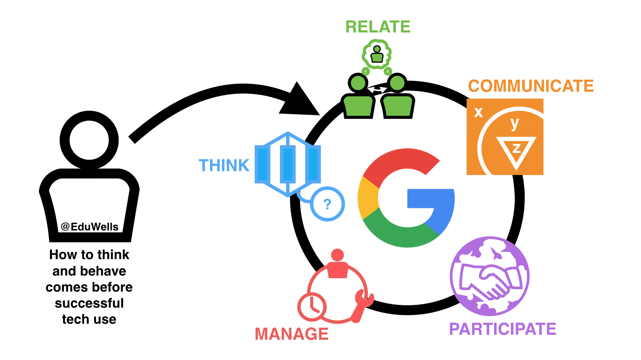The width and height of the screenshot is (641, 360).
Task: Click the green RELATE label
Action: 378,27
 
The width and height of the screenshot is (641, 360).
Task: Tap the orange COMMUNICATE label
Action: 531,86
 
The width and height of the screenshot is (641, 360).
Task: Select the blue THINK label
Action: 224,166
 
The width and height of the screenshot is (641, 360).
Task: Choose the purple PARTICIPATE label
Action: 503,329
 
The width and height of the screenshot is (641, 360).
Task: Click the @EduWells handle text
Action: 89,227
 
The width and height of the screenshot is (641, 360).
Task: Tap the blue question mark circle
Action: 327,204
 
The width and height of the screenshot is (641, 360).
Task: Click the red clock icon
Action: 312,306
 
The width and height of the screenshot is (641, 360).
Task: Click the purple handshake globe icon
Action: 490,276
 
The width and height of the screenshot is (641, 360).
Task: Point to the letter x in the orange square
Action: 478,112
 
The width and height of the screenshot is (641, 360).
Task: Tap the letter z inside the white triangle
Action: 516,148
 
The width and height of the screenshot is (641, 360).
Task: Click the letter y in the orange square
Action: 515,123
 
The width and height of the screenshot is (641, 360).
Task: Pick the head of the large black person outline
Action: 89,140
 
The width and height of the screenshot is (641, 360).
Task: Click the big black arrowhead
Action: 300,102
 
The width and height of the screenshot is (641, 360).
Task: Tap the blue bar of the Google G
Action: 430,199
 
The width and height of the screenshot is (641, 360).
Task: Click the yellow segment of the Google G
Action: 368,198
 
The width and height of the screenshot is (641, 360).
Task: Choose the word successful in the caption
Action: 89,303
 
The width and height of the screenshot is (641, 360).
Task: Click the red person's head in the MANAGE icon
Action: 337,255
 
